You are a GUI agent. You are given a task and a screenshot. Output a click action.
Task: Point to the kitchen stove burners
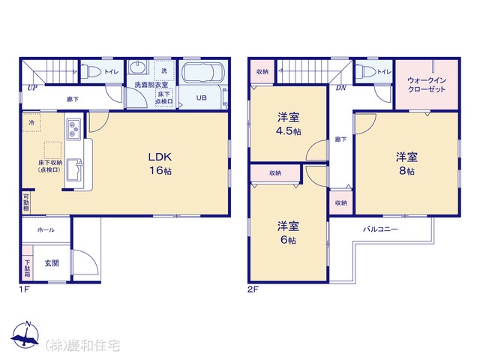tap(73, 129)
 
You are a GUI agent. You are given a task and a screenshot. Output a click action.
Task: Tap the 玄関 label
tap(51, 262)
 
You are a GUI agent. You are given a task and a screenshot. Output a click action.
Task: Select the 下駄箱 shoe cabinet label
tap(27, 268)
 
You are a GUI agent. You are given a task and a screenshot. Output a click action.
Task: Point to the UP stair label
tap(32, 88)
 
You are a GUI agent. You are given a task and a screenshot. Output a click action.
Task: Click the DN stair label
tap(340, 88)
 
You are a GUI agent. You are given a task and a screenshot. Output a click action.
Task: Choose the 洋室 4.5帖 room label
tap(288, 124)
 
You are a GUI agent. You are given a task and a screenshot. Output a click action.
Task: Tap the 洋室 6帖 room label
tap(288, 232)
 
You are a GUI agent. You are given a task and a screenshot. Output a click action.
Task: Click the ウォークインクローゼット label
tap(426, 84)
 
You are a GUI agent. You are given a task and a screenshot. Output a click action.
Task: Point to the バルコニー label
tap(380, 229)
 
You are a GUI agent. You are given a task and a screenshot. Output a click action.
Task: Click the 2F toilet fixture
tap(367, 71)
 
